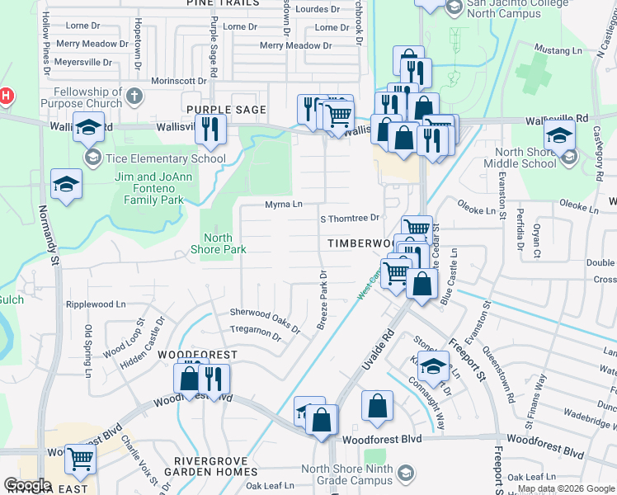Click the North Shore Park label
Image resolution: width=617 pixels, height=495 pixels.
click(218, 243)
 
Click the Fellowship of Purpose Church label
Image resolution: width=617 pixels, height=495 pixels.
click(87, 97)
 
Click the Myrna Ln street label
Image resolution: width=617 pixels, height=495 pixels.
click(284, 204)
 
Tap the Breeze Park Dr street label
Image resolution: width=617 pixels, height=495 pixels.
click(323, 299)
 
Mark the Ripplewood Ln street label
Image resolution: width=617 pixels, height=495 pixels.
click(96, 304)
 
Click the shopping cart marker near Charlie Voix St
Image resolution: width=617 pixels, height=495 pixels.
click(80, 459)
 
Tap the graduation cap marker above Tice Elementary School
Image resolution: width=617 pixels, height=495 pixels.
click(88, 128)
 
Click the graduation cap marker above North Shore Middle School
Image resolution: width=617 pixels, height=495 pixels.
click(560, 134)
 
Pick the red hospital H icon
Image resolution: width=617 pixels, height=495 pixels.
click(5, 96)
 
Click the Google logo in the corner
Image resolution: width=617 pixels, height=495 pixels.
click(27, 484)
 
